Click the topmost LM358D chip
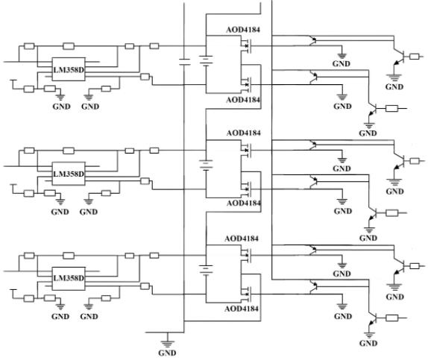pyautogui.click(x=69, y=69)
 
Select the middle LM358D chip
pyautogui.click(x=69, y=174)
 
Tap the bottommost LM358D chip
pyautogui.click(x=69, y=279)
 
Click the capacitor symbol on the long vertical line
pyautogui.click(x=184, y=62)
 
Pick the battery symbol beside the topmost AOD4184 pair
pyautogui.click(x=206, y=60)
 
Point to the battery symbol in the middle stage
pyautogui.click(x=206, y=165)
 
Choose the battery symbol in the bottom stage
pyautogui.click(x=206, y=270)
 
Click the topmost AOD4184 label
pyautogui.click(x=243, y=30)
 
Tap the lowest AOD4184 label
pyautogui.click(x=242, y=309)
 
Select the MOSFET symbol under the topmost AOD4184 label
pyautogui.click(x=247, y=46)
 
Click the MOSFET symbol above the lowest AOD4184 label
pyautogui.click(x=247, y=294)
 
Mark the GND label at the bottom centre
pyautogui.click(x=167, y=353)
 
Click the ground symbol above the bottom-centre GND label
pyautogui.click(x=167, y=344)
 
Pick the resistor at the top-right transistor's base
pyautogui.click(x=415, y=57)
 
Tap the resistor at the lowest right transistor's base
pyautogui.click(x=391, y=318)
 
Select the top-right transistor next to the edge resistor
pyautogui.click(x=400, y=57)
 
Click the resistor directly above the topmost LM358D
pyautogui.click(x=69, y=46)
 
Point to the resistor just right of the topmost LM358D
pyautogui.click(x=145, y=77)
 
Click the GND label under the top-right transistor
pyautogui.click(x=394, y=86)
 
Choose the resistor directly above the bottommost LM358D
pyautogui.click(x=69, y=256)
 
